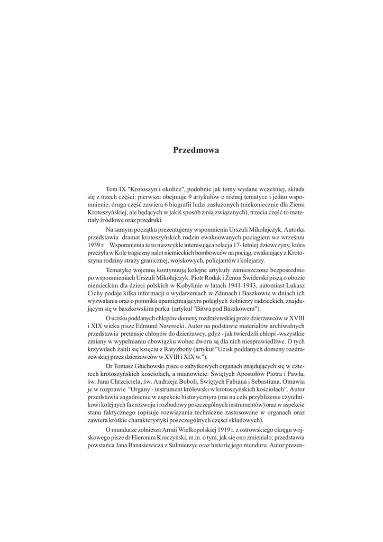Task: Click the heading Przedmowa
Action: tap(196, 150)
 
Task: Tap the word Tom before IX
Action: tap(112, 188)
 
